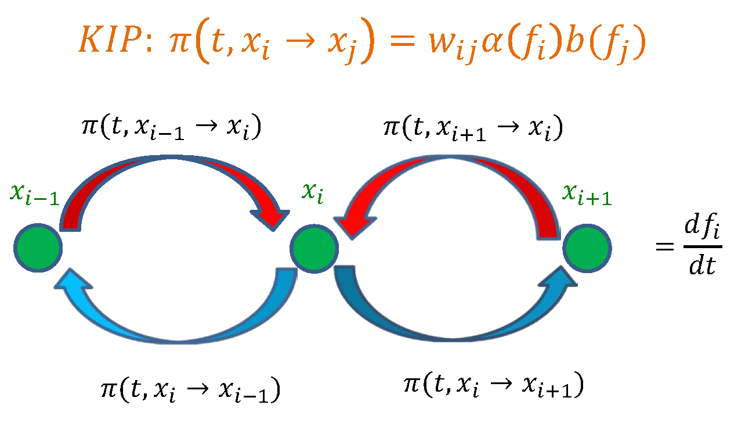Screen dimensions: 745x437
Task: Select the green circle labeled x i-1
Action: click(x=38, y=249)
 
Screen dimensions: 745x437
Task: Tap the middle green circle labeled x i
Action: click(x=314, y=249)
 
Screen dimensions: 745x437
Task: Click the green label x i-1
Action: click(x=34, y=195)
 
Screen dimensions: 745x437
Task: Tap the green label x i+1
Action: click(x=586, y=195)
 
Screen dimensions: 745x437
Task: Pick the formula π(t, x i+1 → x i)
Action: click(x=473, y=127)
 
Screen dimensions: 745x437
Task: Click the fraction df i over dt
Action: click(x=704, y=250)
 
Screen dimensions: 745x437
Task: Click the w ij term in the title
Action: click(x=451, y=44)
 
